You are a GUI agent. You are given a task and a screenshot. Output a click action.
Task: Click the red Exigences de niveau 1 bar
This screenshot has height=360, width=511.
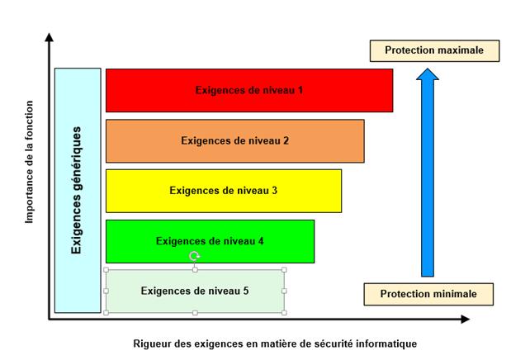249,90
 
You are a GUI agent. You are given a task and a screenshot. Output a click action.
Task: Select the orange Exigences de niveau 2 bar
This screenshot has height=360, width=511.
235,141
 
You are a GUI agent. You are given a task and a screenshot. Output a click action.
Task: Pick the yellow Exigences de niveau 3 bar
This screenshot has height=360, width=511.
224,191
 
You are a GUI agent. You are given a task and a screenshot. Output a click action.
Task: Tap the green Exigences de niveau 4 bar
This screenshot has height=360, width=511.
211,241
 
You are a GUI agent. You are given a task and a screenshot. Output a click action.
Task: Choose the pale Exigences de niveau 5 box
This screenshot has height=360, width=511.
195,291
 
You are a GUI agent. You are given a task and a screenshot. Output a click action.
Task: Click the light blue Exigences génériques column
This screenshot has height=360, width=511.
78,191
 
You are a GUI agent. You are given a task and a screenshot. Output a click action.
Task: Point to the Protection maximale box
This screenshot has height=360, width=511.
434,50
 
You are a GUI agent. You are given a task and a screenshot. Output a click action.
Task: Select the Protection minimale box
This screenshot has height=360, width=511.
428,294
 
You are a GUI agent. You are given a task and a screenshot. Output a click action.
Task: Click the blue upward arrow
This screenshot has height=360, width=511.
428,173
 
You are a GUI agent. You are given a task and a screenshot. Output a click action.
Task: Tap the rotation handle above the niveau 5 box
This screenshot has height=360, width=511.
195,256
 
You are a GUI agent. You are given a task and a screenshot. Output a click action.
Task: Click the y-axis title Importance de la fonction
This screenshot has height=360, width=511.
30,162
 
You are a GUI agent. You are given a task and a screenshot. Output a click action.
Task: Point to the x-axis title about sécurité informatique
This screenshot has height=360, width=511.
275,343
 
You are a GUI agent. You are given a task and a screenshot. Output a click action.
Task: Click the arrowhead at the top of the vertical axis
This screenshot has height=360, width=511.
50,37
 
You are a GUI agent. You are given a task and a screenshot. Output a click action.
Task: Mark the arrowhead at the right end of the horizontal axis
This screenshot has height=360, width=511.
466,320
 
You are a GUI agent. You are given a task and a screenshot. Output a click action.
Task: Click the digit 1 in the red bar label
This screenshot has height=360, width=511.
300,90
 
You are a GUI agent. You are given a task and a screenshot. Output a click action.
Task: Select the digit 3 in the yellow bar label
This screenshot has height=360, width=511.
274,191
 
